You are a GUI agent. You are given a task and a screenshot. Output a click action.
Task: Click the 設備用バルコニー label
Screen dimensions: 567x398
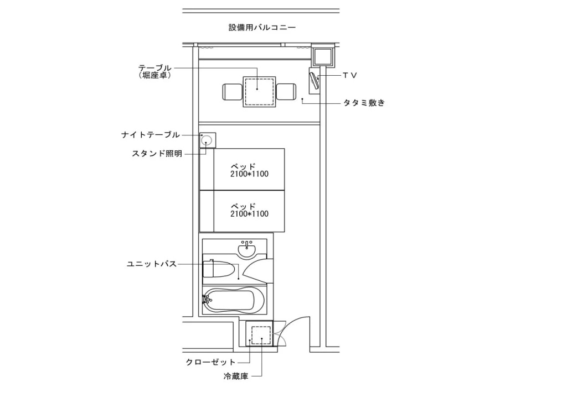(262, 28)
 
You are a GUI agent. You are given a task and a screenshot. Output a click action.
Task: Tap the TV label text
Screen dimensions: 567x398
(350, 75)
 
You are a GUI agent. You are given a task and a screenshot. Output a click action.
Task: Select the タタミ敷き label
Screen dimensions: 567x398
(364, 103)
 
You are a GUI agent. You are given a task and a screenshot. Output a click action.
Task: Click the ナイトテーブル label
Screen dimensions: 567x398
(151, 135)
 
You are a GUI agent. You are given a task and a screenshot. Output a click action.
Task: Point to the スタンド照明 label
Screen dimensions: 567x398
(157, 154)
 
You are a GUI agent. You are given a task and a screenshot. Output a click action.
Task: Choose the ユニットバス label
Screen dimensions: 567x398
(152, 264)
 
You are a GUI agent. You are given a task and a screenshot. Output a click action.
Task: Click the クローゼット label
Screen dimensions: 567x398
(210, 362)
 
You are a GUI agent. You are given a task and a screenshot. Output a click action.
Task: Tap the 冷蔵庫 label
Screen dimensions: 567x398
(236, 376)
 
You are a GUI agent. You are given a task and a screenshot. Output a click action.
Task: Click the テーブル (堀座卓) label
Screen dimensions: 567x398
(155, 71)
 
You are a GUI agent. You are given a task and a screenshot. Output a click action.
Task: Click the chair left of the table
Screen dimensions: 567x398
(232, 92)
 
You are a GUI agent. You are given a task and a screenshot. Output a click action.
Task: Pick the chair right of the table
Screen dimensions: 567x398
(286, 92)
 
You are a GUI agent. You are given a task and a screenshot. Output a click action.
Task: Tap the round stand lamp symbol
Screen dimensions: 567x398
(207, 140)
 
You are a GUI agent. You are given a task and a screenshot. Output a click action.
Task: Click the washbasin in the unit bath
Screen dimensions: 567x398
(247, 249)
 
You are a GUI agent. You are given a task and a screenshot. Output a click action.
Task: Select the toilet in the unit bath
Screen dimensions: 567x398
(218, 268)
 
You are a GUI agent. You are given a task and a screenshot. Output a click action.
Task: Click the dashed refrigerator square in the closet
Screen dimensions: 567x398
(261, 335)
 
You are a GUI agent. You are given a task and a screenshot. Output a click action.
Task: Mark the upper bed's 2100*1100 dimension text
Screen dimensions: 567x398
(250, 174)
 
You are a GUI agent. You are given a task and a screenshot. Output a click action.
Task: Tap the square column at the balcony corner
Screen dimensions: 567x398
(322, 56)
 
